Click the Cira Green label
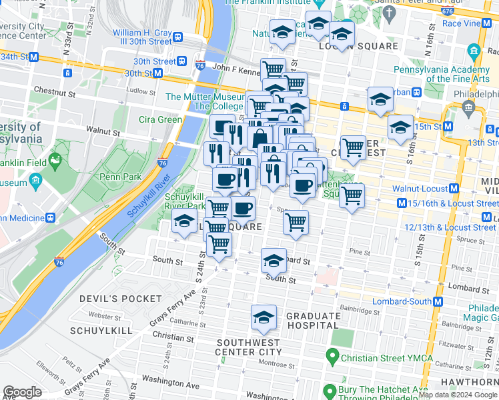[160, 120]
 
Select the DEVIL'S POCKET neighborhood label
[121, 299]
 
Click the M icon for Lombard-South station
[438, 301]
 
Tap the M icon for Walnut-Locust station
[454, 189]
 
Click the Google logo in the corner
[22, 392]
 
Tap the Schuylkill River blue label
[145, 199]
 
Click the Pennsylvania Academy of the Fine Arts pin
[474, 51]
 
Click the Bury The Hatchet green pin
[329, 391]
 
